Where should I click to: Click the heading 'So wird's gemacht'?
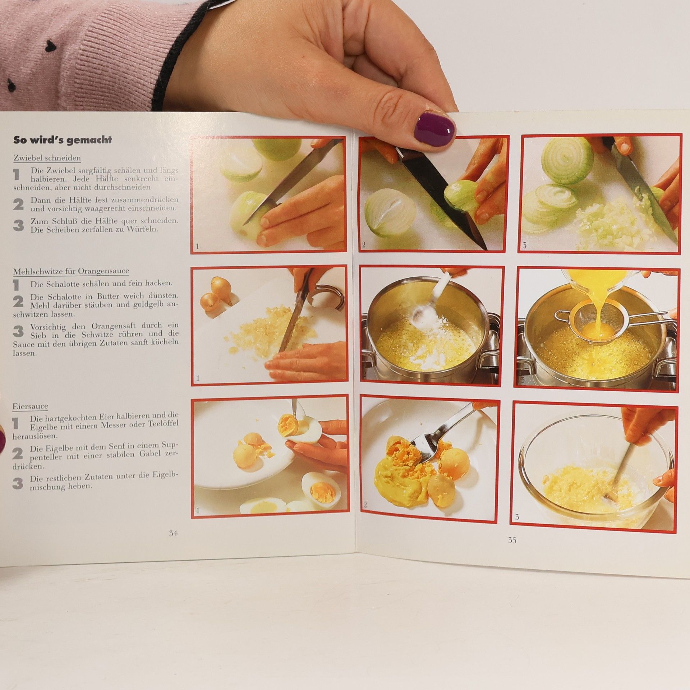[x=63, y=140]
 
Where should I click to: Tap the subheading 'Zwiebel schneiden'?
[x=47, y=158]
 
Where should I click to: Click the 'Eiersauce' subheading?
[x=30, y=406]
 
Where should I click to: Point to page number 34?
[x=173, y=534]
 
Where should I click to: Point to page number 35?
[x=512, y=540]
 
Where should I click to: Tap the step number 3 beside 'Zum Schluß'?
[x=18, y=225]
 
